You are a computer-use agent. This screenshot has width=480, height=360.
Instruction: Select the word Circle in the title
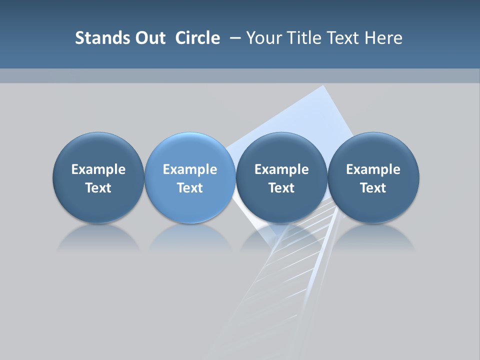pos(197,38)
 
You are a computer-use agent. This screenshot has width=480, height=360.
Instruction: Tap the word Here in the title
pos(384,38)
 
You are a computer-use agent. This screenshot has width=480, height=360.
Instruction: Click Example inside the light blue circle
pos(190,169)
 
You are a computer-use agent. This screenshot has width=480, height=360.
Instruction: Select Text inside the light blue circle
pos(190,188)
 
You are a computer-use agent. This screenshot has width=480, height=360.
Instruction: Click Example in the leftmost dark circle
pos(98,169)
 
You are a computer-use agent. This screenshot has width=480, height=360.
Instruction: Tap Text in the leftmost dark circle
pos(98,188)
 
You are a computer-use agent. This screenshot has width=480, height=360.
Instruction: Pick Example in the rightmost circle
pos(373,169)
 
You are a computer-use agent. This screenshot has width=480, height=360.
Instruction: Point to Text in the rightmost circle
pos(373,188)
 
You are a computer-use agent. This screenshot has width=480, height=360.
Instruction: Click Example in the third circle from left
pos(281,169)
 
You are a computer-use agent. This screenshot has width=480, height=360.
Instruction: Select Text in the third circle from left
pos(281,188)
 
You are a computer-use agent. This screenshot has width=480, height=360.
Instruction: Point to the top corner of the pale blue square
pos(323,86)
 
